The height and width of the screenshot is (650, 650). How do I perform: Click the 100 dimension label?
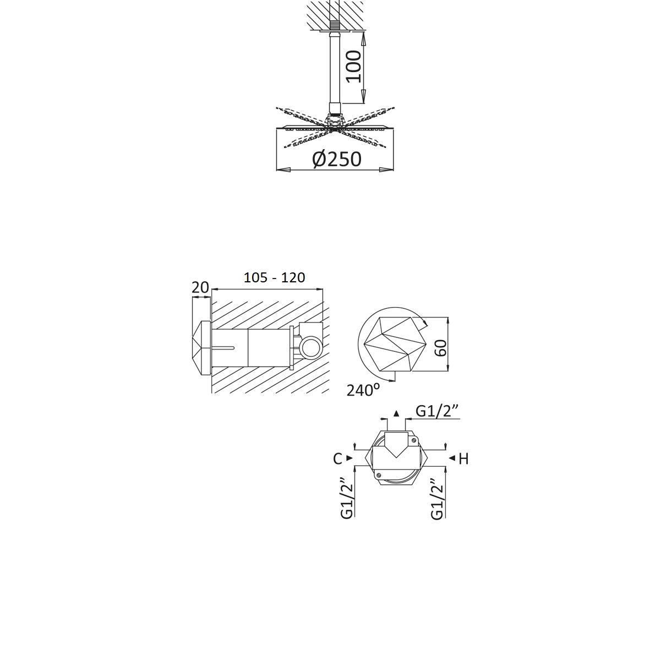(x=353, y=67)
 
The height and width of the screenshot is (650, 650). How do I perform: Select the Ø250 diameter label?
(x=337, y=159)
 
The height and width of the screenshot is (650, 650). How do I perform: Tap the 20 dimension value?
(x=200, y=287)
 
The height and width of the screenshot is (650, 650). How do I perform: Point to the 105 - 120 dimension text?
(x=274, y=277)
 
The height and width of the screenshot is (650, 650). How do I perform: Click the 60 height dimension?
(x=440, y=347)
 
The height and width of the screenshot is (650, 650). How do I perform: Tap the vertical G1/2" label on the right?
(x=438, y=499)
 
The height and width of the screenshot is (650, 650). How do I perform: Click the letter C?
(x=337, y=458)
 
